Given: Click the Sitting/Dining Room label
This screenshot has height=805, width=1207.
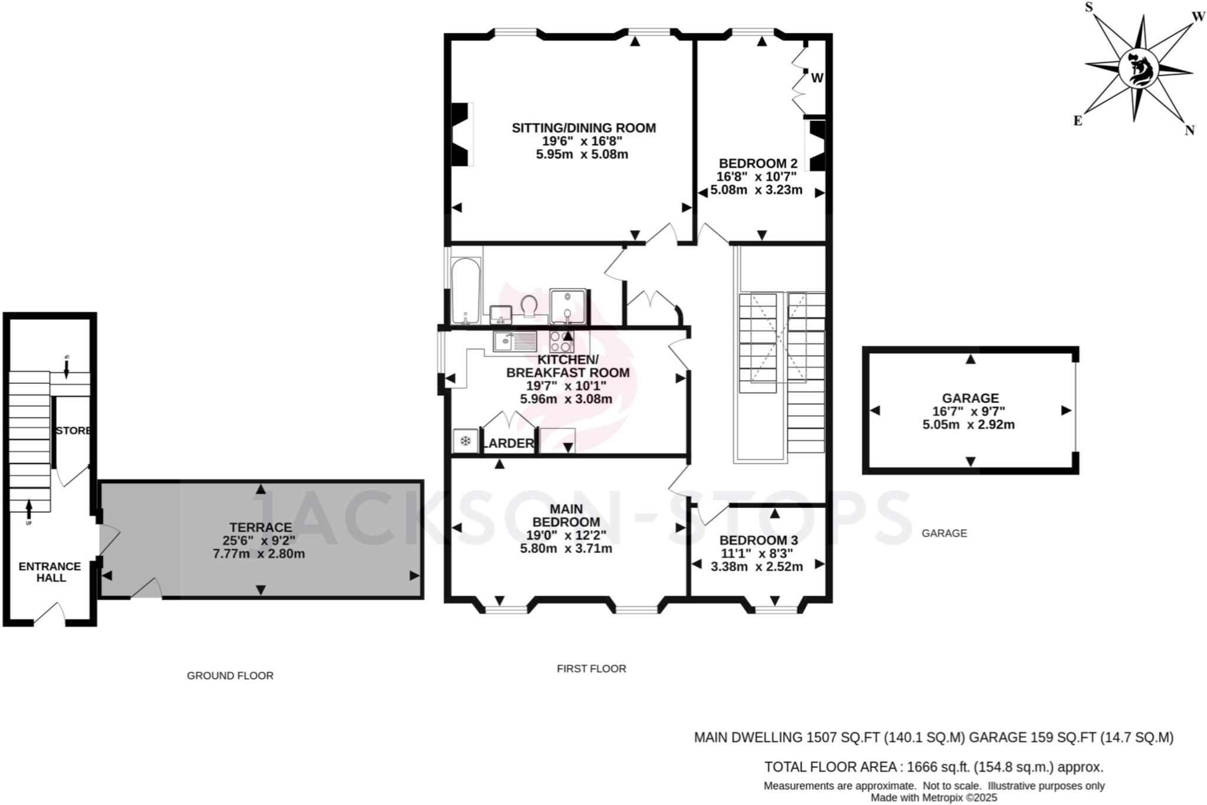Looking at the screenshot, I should click(583, 128).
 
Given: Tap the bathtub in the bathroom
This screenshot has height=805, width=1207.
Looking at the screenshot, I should click(466, 290).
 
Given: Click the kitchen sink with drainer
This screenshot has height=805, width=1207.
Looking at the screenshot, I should click(515, 341).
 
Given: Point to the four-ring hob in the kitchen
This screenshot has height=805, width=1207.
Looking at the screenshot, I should click(562, 341).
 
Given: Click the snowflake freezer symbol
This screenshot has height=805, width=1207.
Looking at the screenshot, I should click(465, 441).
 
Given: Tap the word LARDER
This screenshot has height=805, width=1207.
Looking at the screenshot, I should click(508, 443).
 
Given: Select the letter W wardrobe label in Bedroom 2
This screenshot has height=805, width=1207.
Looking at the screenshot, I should click(817, 78).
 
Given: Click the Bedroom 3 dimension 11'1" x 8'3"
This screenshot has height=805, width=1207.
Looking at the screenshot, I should click(757, 554).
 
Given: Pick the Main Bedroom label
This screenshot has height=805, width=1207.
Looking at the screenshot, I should click(566, 515).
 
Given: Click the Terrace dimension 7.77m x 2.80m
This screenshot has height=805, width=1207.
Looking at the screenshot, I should click(259, 554).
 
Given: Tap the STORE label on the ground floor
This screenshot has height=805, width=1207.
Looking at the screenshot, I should click(73, 431).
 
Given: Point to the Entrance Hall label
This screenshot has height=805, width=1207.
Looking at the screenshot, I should click(50, 572).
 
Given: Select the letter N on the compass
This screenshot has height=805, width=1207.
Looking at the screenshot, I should click(1189, 131).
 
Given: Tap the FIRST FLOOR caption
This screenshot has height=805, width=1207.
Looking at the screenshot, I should click(591, 668).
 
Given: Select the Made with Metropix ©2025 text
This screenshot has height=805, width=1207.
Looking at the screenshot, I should click(934, 798).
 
